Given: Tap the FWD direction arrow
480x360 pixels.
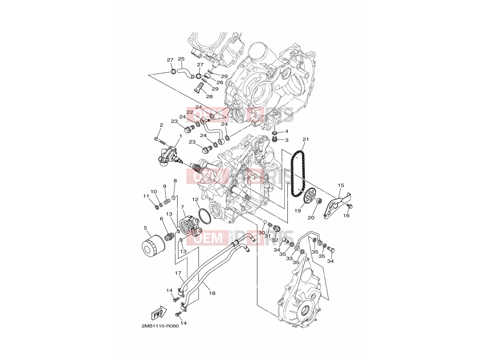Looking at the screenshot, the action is (159, 313).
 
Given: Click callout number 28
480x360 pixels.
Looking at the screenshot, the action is (209, 96).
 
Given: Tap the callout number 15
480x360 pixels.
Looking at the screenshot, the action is (341, 185).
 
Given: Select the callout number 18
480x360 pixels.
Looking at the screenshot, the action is (212, 293).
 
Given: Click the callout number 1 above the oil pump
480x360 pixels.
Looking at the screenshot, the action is (180, 136).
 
